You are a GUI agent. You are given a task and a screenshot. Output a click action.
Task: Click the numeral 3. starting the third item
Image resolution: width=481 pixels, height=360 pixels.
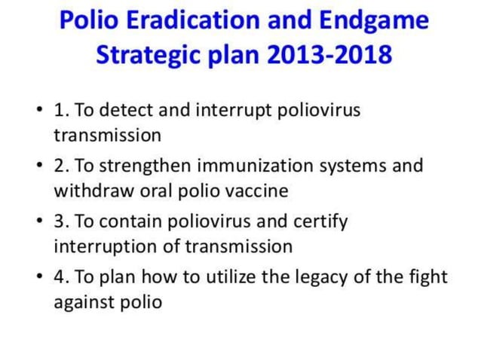click(x=60, y=221)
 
